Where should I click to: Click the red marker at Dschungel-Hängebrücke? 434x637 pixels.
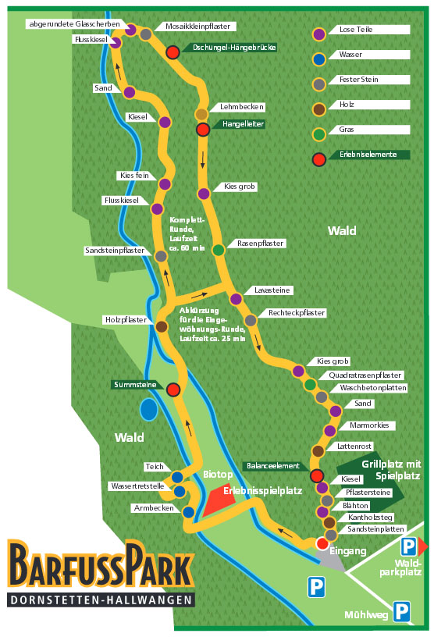173,52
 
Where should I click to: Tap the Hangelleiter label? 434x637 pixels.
243,124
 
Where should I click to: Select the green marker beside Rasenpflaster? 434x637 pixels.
219,250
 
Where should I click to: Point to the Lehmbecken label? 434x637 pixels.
242,107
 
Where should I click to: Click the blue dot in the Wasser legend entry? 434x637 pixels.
319,59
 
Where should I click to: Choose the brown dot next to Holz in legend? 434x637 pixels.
319,109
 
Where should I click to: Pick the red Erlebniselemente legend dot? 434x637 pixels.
319,159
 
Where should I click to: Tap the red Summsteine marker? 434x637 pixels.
173,390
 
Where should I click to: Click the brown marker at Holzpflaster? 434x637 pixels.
162,326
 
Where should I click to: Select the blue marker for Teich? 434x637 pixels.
177,477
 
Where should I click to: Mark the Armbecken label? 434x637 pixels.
154,508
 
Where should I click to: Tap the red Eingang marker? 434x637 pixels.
322,543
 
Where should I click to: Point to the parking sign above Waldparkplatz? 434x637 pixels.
408,546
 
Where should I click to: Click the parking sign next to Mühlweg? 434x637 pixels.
401,611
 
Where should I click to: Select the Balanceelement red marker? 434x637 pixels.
317,475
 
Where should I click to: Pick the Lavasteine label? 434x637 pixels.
272,290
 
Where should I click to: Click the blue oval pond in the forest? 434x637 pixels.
149,409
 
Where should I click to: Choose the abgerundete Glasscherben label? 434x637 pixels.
75,24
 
